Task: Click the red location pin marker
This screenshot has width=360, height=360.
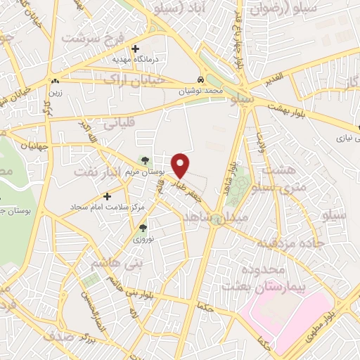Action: (x=181, y=165)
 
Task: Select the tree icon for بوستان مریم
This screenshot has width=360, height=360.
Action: (x=146, y=161)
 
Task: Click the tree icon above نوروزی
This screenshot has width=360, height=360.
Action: (x=143, y=228)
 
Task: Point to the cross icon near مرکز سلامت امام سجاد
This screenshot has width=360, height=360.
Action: (x=107, y=196)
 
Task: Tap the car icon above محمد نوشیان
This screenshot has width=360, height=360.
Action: (x=202, y=80)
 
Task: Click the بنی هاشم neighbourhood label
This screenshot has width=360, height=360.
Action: (x=112, y=263)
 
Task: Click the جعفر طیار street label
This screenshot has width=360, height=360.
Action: (x=198, y=188)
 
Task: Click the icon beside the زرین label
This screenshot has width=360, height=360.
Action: (x=55, y=81)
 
